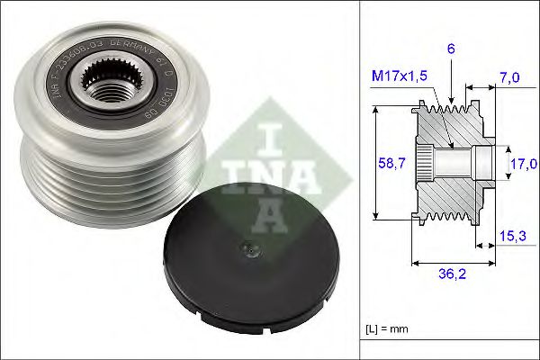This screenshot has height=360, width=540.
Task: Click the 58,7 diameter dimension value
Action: pos(389,163)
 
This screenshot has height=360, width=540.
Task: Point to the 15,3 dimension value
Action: pos(513,235)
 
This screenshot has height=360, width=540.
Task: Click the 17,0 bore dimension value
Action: pos(522,164)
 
